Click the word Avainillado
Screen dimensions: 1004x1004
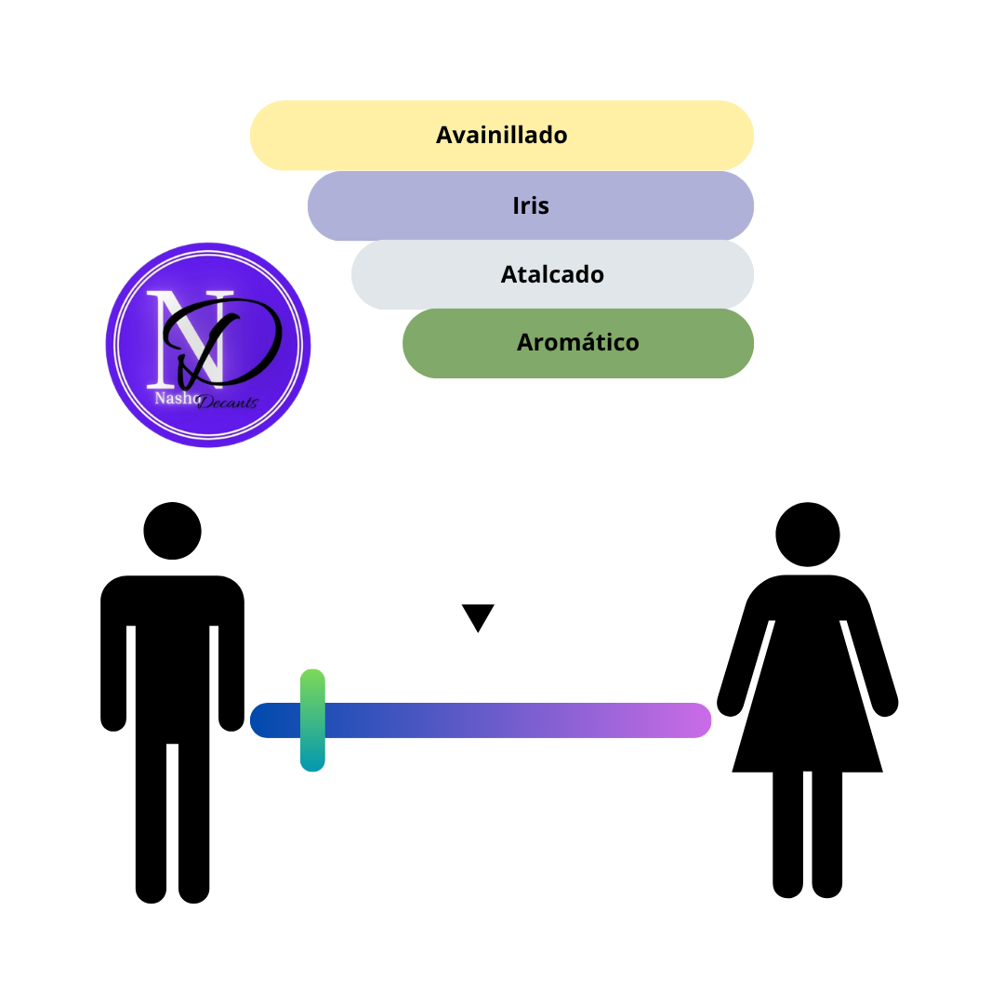pos(501,135)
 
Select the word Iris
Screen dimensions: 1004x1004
pos(531,205)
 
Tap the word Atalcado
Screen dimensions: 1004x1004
pos(552,274)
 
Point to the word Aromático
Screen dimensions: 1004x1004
pos(577,342)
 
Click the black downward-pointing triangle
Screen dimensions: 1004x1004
pos(478,616)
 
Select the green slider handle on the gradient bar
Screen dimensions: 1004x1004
pos(312,720)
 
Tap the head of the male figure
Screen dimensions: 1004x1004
pos(172,531)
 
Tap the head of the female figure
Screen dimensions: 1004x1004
pos(808,534)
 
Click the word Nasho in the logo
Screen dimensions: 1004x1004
pos(178,398)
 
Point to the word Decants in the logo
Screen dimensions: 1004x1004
pos(228,403)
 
